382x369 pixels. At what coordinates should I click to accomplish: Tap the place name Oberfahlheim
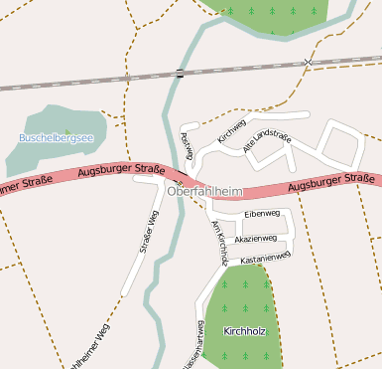[x=206, y=191]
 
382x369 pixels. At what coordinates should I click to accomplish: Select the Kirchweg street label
[x=231, y=130]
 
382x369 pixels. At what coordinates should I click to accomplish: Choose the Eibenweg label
[x=263, y=213]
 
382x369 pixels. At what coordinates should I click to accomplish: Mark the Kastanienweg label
[x=266, y=258]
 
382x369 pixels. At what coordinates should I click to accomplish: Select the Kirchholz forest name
[x=244, y=330]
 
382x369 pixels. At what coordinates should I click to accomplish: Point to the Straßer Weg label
[x=149, y=233]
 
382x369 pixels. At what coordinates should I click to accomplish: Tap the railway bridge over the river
[x=180, y=73]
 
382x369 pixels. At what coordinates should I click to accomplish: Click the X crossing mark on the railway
[x=309, y=62]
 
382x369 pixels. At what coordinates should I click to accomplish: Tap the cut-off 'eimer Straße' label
[x=28, y=181]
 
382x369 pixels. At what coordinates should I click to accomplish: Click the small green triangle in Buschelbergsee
[x=66, y=131]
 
